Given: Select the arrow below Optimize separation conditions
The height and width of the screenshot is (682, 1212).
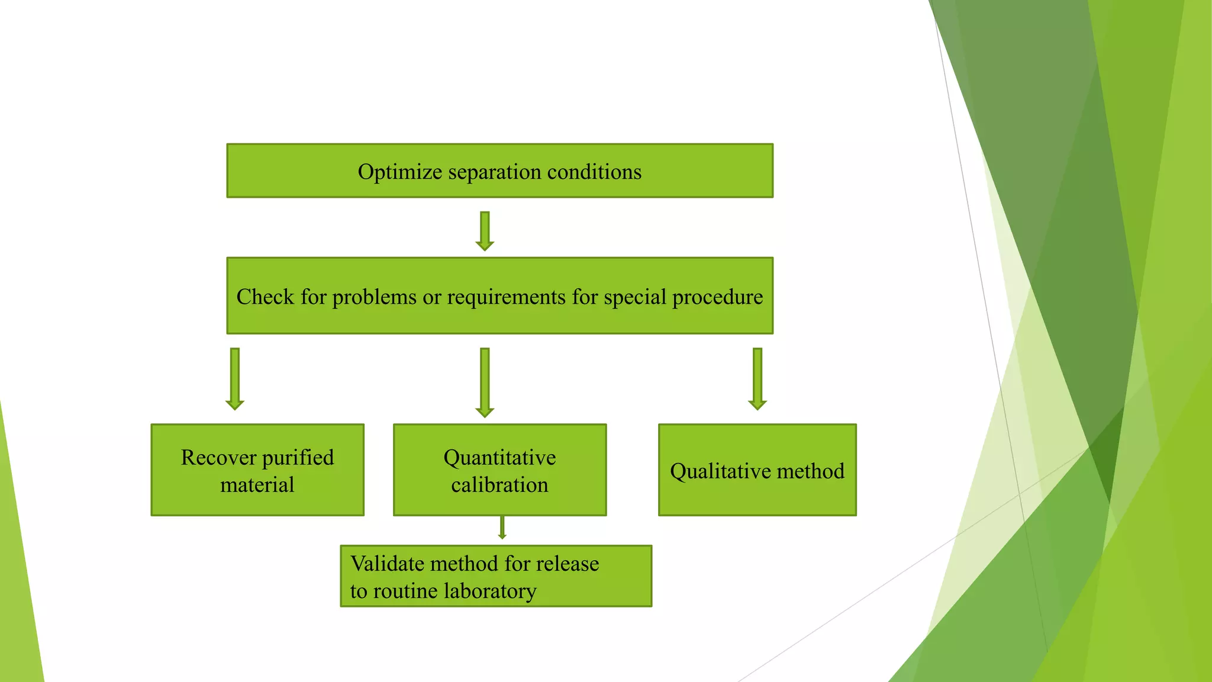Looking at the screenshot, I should pyautogui.click(x=485, y=231).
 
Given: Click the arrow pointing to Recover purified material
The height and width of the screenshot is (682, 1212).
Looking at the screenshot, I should pyautogui.click(x=235, y=379).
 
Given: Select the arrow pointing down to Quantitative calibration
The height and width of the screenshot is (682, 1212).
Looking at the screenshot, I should pyautogui.click(x=485, y=382).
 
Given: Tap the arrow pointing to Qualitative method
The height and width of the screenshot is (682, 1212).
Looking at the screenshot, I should pyautogui.click(x=757, y=379).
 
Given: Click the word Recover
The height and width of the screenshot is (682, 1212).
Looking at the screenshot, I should pyautogui.click(x=218, y=458).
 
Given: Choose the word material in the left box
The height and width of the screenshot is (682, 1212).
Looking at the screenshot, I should pyautogui.click(x=257, y=485).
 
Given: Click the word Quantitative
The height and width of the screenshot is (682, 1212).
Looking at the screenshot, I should pyautogui.click(x=499, y=458).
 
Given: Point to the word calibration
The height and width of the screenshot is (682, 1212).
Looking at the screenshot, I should pyautogui.click(x=499, y=485).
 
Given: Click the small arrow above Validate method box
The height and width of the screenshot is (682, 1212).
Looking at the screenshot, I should pyautogui.click(x=502, y=527).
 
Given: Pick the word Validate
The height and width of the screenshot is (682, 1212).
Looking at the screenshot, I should pyautogui.click(x=387, y=564).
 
